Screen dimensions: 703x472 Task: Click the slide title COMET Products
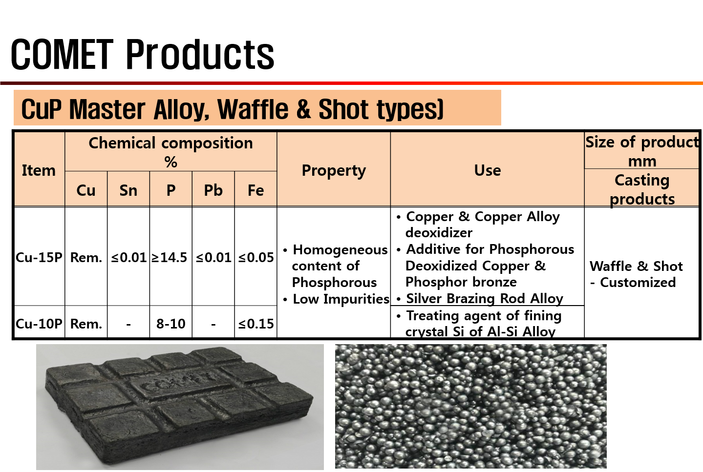[143, 54]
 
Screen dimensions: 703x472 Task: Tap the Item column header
[39, 170]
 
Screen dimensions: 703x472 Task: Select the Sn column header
[128, 190]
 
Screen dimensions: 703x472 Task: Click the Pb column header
[213, 190]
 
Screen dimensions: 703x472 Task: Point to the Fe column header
[256, 190]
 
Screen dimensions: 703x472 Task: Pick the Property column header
[334, 171]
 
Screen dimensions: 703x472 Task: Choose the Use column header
[488, 170]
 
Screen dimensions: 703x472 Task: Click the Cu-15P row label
[39, 257]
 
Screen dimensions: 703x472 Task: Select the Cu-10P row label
[39, 324]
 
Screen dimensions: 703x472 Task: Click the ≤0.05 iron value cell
[256, 258]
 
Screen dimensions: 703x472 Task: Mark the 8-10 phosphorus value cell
[170, 324]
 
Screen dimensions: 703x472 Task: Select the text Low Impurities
[341, 299]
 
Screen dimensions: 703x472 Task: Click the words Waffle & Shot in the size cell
[636, 267]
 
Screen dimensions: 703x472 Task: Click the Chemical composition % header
[170, 152]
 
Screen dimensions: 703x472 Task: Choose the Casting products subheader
[642, 189]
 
